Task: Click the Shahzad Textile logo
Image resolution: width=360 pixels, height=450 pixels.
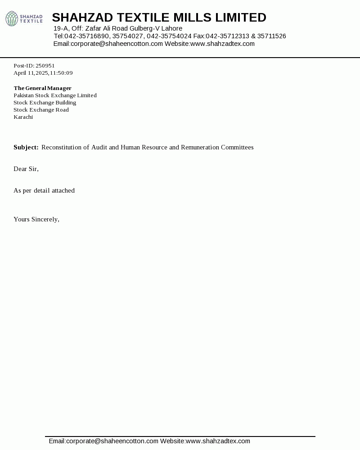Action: (x=24, y=19)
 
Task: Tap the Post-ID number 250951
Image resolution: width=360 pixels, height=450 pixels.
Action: (x=45, y=66)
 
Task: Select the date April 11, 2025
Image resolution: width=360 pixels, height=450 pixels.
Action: (x=31, y=73)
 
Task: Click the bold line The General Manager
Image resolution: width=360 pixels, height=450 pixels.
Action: (x=42, y=88)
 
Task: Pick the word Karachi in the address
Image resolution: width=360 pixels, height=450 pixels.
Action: (x=23, y=117)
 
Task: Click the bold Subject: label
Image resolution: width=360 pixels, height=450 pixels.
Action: (x=26, y=148)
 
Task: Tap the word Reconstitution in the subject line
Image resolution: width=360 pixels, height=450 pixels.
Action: (x=62, y=148)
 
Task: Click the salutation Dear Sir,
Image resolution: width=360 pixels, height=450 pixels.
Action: (x=26, y=169)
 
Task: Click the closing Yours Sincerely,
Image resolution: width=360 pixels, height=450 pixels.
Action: (x=36, y=220)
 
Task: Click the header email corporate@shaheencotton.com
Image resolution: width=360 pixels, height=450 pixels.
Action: (x=117, y=44)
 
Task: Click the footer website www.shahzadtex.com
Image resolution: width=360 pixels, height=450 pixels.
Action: (x=218, y=441)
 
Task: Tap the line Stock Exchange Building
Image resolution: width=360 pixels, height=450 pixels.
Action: (x=45, y=103)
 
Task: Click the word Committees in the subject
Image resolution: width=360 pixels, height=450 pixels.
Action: (x=237, y=148)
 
